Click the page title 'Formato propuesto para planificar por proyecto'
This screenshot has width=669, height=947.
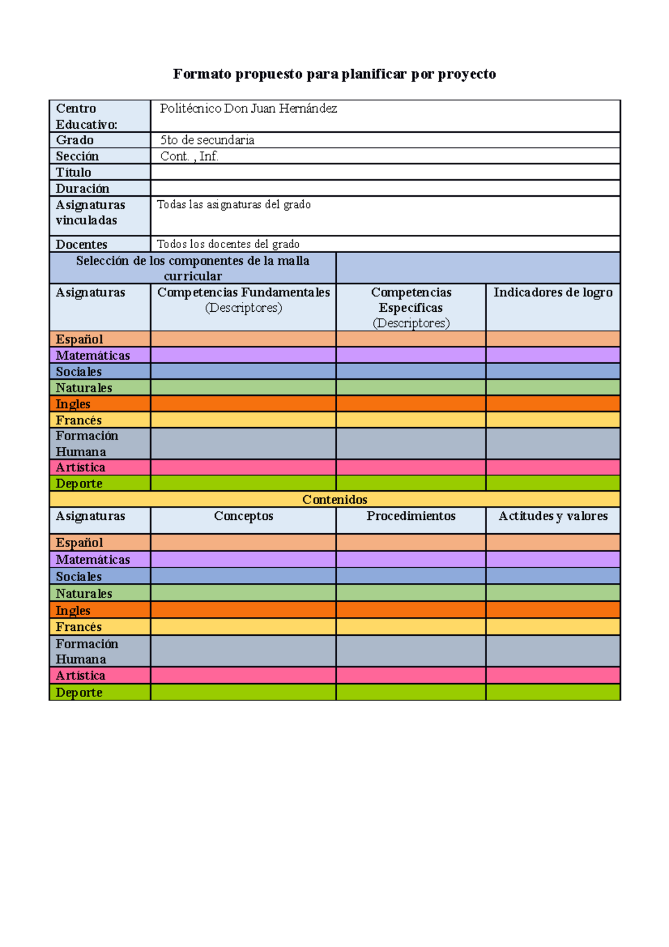click(334, 74)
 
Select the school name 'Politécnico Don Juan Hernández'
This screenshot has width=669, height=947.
click(248, 109)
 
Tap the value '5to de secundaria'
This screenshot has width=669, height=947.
click(207, 140)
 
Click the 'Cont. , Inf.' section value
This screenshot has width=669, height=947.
click(189, 156)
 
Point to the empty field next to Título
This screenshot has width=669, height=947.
click(385, 172)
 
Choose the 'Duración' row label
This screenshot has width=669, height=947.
click(83, 189)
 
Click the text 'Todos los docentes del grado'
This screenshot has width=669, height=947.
click(228, 244)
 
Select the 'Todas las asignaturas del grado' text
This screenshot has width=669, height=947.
click(234, 205)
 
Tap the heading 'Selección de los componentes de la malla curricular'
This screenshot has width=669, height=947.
click(193, 268)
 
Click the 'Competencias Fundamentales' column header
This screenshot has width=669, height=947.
click(244, 293)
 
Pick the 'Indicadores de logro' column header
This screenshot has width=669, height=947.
click(552, 293)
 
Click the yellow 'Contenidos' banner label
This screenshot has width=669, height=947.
click(334, 500)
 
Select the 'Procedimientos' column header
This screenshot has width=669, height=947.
click(411, 516)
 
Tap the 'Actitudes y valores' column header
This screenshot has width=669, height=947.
click(552, 516)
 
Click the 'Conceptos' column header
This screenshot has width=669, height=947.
click(244, 516)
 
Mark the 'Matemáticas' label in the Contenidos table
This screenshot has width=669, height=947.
click(93, 559)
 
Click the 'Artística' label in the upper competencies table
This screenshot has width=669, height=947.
click(80, 467)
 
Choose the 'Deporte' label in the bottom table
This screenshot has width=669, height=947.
click(79, 693)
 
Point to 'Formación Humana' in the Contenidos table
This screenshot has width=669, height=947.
click(87, 651)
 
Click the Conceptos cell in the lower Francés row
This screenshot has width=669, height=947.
click(244, 627)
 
